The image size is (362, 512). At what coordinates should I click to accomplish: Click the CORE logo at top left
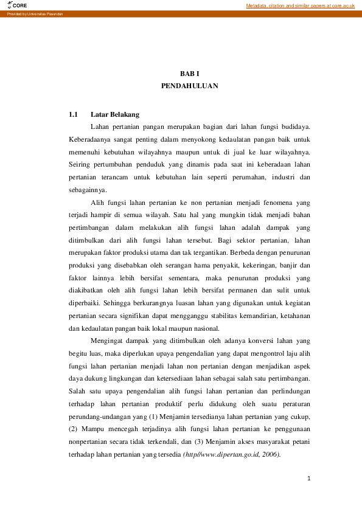point(18,5)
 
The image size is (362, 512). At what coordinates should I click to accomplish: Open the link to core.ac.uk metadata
point(300,5)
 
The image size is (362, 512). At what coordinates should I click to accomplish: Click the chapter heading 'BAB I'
point(189,74)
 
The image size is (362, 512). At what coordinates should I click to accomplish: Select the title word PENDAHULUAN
point(189,86)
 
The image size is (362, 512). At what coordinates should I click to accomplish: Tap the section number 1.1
point(74,114)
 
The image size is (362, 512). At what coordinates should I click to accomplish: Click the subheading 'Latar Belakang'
point(115,114)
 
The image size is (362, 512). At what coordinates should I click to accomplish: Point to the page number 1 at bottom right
point(310,479)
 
